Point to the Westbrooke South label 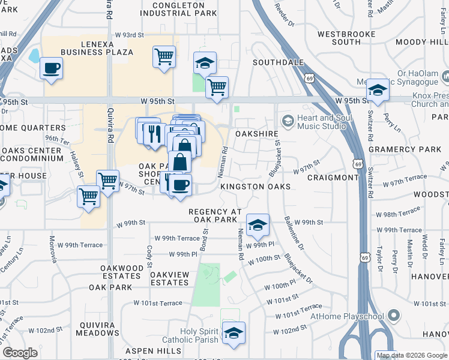pos(347,38)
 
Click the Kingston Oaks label pos(255,187)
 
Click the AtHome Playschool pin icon pos(394,315)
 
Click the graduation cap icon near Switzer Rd pos(378,90)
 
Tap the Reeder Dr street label pos(284,13)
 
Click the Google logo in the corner pos(20,353)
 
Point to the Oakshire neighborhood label pos(258,134)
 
